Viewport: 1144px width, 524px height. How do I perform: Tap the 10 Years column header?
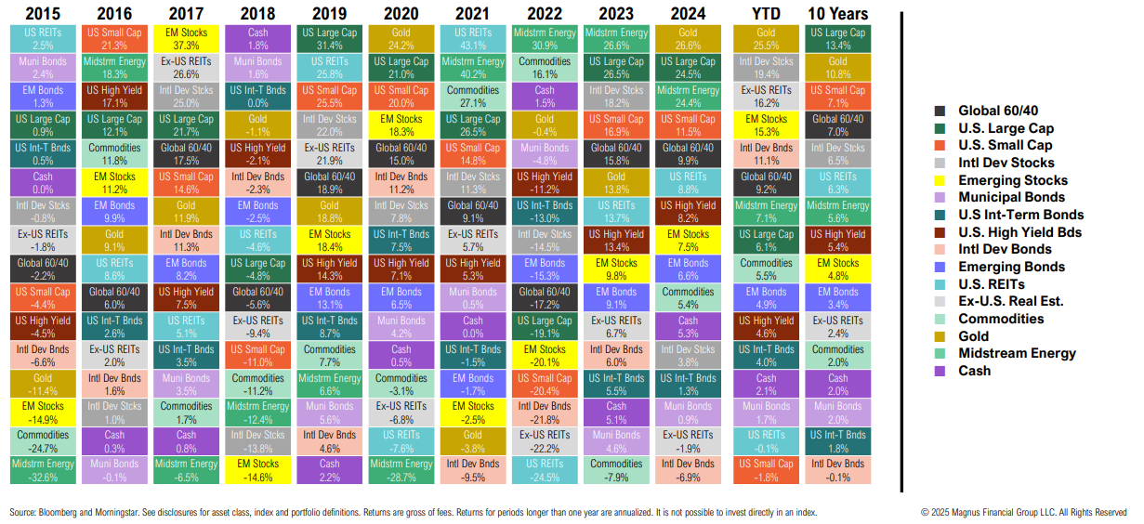coord(838,14)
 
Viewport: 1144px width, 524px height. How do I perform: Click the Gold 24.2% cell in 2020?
coord(401,39)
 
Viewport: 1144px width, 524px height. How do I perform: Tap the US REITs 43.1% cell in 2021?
coord(473,39)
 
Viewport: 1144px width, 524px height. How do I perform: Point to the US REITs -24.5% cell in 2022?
coord(545,470)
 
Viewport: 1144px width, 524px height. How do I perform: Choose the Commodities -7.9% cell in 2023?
coord(617,470)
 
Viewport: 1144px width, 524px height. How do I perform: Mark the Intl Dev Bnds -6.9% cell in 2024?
coord(689,470)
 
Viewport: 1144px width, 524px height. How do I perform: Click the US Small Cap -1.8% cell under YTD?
coord(766,470)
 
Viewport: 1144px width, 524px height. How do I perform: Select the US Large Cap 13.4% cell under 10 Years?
coord(838,39)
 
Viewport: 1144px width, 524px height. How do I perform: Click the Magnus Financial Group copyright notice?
coord(1023,512)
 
